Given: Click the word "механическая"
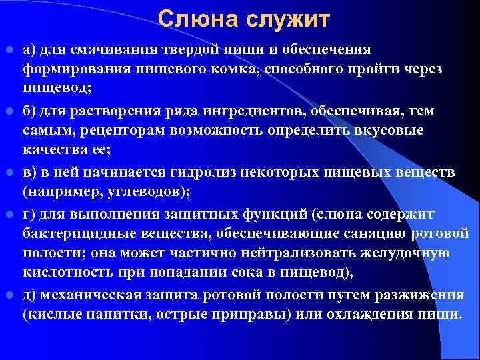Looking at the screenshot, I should pos(85,296).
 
